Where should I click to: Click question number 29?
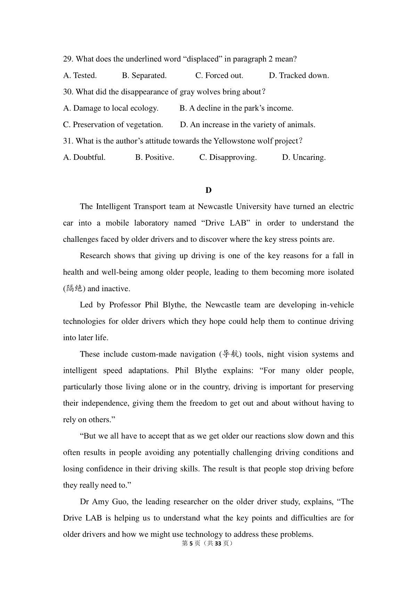click(68, 59)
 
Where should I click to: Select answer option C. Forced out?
click(219, 75)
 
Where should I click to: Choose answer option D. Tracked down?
click(299, 75)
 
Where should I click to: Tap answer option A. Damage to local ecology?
click(111, 108)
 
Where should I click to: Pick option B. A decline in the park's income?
click(236, 108)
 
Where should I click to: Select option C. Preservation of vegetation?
click(113, 124)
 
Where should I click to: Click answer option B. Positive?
click(155, 157)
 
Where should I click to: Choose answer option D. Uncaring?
click(304, 157)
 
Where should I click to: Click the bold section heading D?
click(208, 190)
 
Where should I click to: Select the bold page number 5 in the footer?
click(191, 543)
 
